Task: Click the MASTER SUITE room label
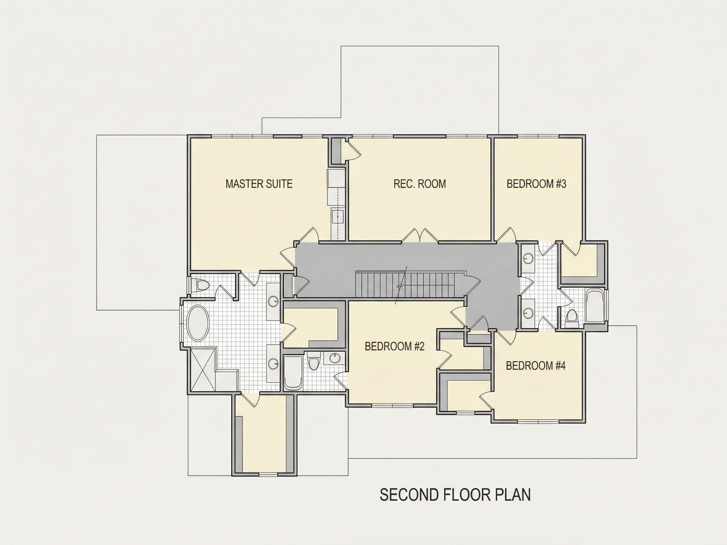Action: point(259,184)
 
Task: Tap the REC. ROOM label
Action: point(420,184)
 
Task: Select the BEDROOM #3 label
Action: point(536,184)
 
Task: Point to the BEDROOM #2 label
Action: point(395,346)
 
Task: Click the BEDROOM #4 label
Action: point(536,366)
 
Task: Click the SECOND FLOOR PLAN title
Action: point(455,504)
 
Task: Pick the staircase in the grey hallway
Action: point(411,284)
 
